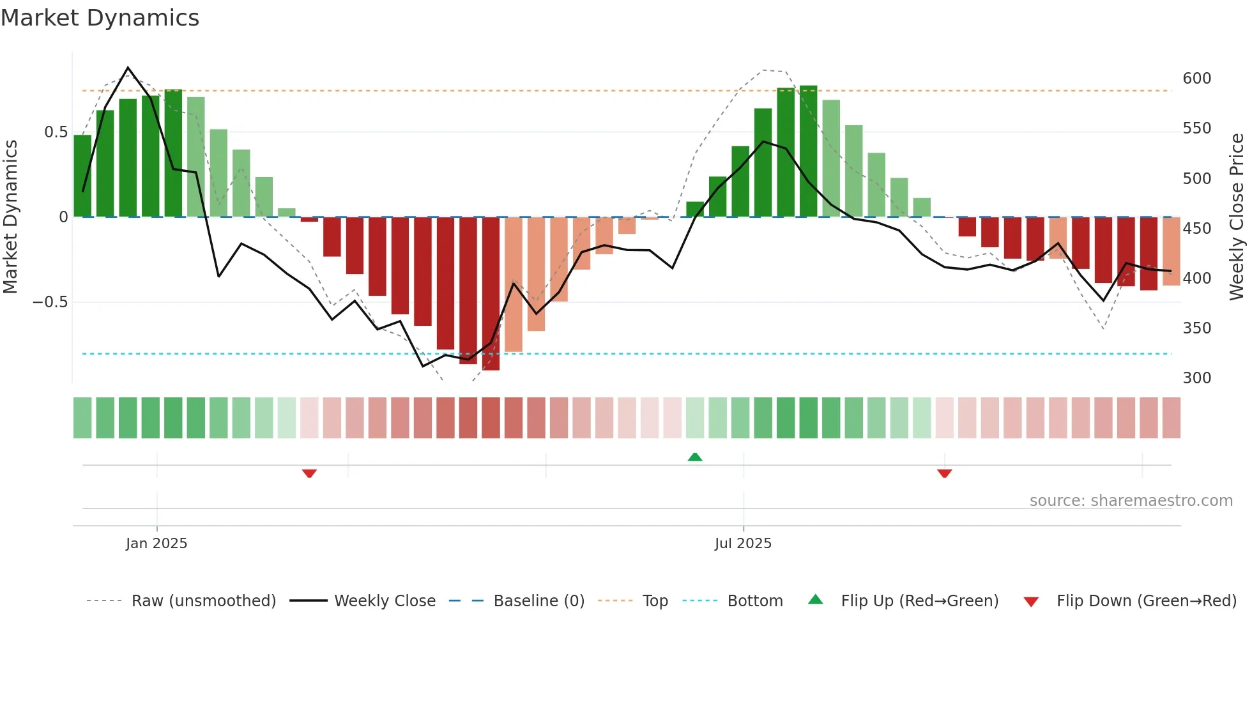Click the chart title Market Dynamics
[100, 18]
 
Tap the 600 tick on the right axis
[1196, 79]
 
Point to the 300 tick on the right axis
[1196, 378]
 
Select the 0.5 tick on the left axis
[56, 132]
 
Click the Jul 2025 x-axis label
[743, 544]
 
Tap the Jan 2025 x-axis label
[156, 544]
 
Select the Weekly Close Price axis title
[1237, 217]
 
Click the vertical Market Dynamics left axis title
[10, 217]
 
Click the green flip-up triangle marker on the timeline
[695, 457]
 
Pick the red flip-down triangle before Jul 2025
[309, 473]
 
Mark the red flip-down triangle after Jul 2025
[944, 473]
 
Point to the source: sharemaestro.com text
[1131, 501]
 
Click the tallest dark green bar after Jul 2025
[808, 151]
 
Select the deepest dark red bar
[491, 294]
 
